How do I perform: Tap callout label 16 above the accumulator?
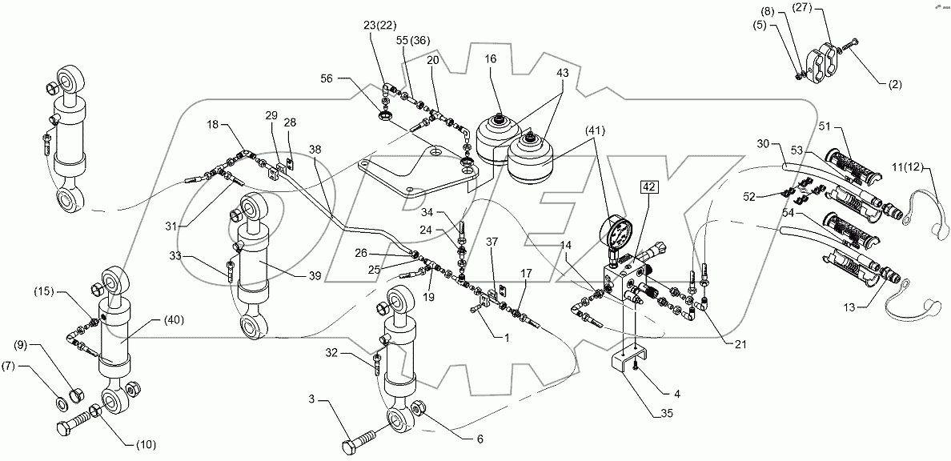[490, 59]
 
